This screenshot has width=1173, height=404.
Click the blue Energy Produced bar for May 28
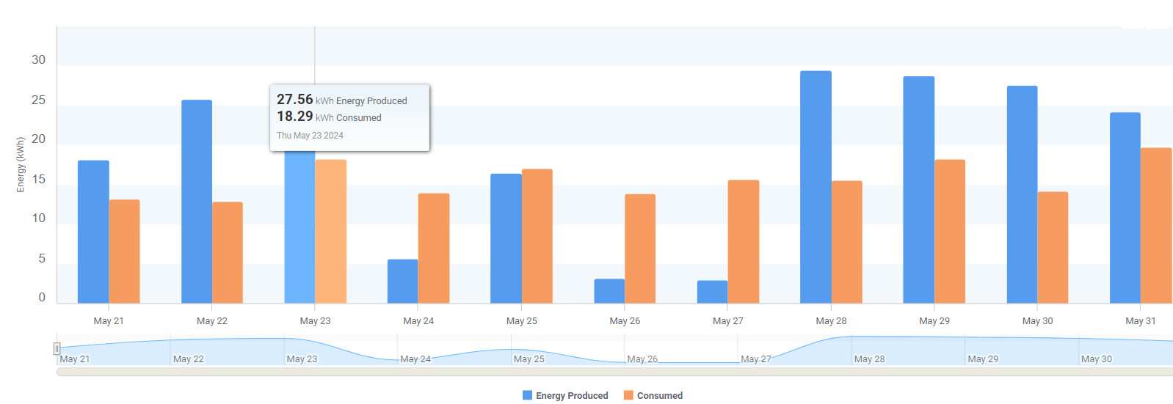(x=816, y=187)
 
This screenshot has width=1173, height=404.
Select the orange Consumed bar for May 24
(x=433, y=249)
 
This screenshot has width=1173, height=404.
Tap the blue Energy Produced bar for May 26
(x=609, y=291)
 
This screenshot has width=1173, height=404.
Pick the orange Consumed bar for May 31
(x=1155, y=226)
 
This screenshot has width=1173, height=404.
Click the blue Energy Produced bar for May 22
(x=197, y=202)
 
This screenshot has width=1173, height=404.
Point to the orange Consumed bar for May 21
(x=124, y=251)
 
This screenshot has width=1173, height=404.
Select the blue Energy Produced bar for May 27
(x=712, y=292)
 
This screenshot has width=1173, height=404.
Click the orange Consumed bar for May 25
(x=537, y=236)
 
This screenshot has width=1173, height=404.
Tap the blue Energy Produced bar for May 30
(x=1022, y=194)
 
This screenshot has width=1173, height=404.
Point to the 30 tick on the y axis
(x=38, y=60)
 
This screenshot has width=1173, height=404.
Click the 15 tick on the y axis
(x=38, y=179)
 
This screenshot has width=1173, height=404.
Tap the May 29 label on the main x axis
(x=934, y=321)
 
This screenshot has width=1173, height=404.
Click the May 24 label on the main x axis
(x=418, y=321)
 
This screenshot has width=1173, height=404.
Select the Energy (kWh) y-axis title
(x=21, y=165)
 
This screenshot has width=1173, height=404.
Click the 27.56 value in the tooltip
(x=295, y=99)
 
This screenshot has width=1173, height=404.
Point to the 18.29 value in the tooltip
(x=295, y=116)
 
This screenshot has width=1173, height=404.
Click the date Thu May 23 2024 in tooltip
(x=310, y=136)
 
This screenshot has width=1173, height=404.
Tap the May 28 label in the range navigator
(x=869, y=359)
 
